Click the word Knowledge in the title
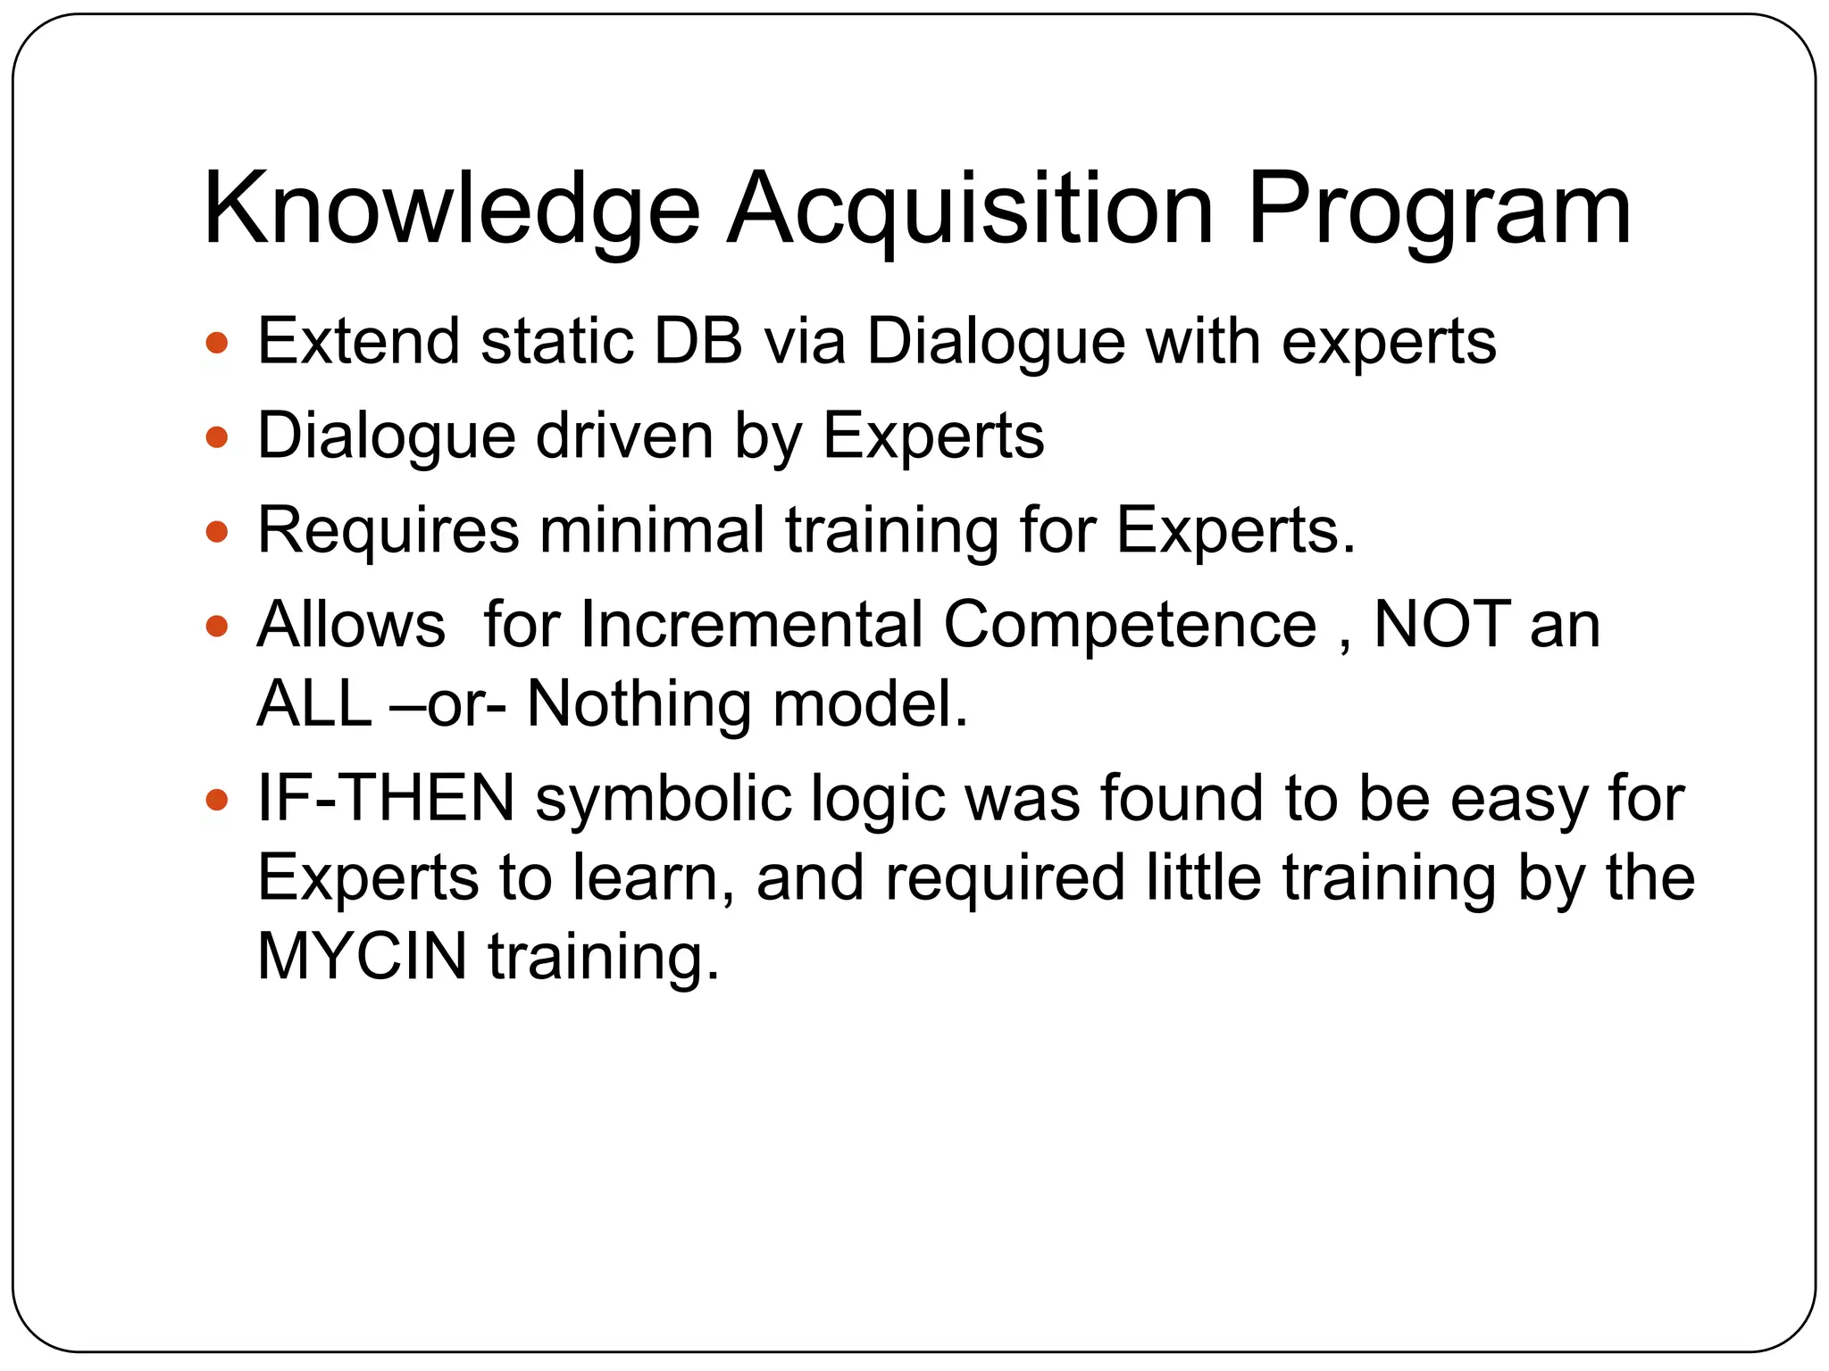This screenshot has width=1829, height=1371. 452,212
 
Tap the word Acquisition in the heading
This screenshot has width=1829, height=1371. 970,212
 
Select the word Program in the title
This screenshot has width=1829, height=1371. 1439,212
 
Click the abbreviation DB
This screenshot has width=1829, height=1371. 698,342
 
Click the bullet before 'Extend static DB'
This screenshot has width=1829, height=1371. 217,343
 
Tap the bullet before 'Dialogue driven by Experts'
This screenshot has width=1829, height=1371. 217,437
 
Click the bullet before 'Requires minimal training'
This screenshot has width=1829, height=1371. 217,533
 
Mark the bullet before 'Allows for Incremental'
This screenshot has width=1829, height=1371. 217,627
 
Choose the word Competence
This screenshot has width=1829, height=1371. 1130,625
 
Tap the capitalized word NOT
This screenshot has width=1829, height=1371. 1442,625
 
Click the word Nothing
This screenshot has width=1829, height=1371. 639,705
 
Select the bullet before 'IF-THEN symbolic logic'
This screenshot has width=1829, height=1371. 217,800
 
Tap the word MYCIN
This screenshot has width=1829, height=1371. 362,957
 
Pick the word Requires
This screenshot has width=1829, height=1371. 388,533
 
